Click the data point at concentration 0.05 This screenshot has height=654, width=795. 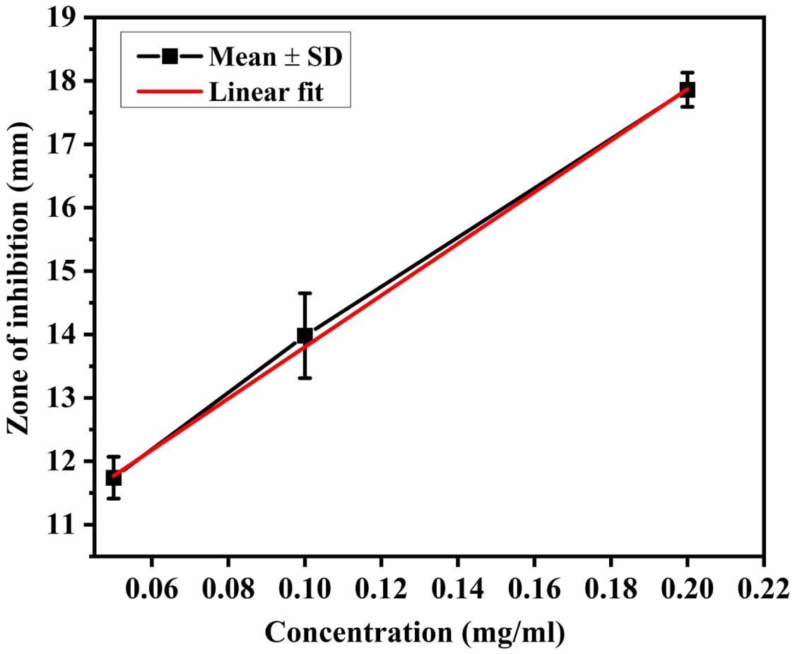tap(113, 478)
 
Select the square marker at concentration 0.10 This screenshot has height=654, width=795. tap(305, 335)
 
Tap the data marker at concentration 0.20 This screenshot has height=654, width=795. tap(687, 90)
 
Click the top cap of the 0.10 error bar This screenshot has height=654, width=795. tap(305, 293)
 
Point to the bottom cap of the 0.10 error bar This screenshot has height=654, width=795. tap(305, 378)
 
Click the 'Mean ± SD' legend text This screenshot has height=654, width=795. tap(275, 57)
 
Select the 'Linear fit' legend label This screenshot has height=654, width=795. tap(266, 92)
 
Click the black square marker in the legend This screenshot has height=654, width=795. tap(169, 57)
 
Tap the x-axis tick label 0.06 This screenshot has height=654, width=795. tap(151, 588)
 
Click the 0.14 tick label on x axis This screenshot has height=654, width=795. tap(457, 588)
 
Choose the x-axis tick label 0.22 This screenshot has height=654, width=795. tap(763, 588)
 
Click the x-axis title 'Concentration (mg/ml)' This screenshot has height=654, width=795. tap(416, 632)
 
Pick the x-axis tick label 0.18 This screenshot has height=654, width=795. tap(610, 588)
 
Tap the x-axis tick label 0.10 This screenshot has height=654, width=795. tap(305, 588)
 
